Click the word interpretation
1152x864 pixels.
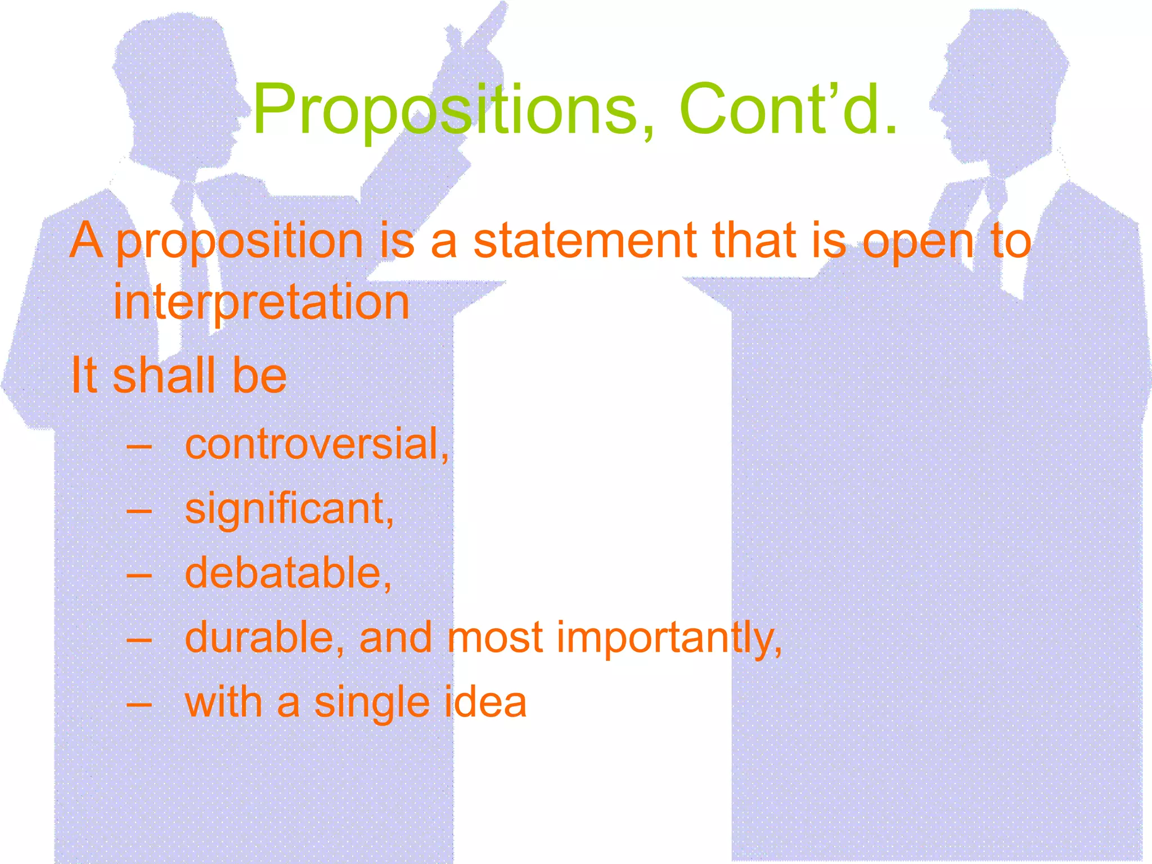click(262, 303)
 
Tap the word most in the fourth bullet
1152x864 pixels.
click(495, 638)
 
